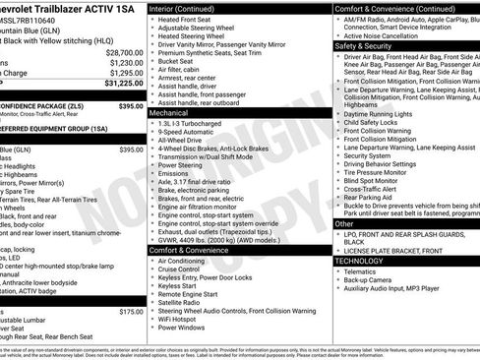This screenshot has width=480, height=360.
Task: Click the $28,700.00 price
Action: [x=124, y=52]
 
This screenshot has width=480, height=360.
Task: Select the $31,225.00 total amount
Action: [x=122, y=84]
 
